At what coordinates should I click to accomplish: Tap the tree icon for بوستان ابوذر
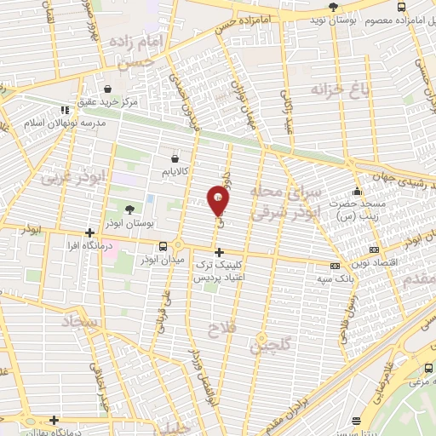point(130,209)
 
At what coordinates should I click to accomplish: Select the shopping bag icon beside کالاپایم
point(175,158)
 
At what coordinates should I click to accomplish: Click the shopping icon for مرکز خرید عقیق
point(107,89)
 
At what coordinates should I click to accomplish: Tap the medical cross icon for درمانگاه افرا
point(89,232)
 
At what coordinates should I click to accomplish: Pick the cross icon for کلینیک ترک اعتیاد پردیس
point(220,252)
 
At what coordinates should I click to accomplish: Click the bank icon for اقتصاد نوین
point(373,250)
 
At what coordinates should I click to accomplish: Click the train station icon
point(427,368)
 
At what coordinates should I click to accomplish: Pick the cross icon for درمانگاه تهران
point(53,420)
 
